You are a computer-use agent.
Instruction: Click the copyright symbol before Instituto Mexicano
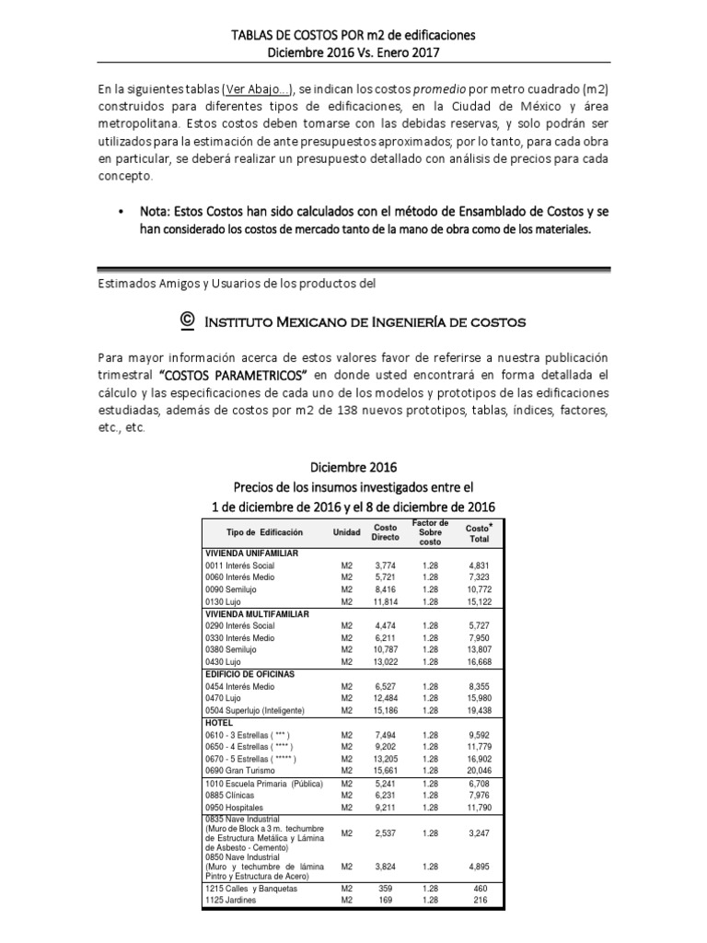[187, 320]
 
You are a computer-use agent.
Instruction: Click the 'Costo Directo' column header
[385, 532]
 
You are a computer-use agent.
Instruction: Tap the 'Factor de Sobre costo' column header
[430, 532]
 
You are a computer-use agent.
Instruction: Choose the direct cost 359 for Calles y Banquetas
[385, 888]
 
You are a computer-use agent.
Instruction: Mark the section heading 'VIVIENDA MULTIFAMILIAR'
[257, 613]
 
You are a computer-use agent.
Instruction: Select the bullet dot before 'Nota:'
[122, 212]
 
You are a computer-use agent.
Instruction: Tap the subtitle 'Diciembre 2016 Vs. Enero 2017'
[353, 52]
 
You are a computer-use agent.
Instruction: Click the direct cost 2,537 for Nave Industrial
[385, 833]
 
